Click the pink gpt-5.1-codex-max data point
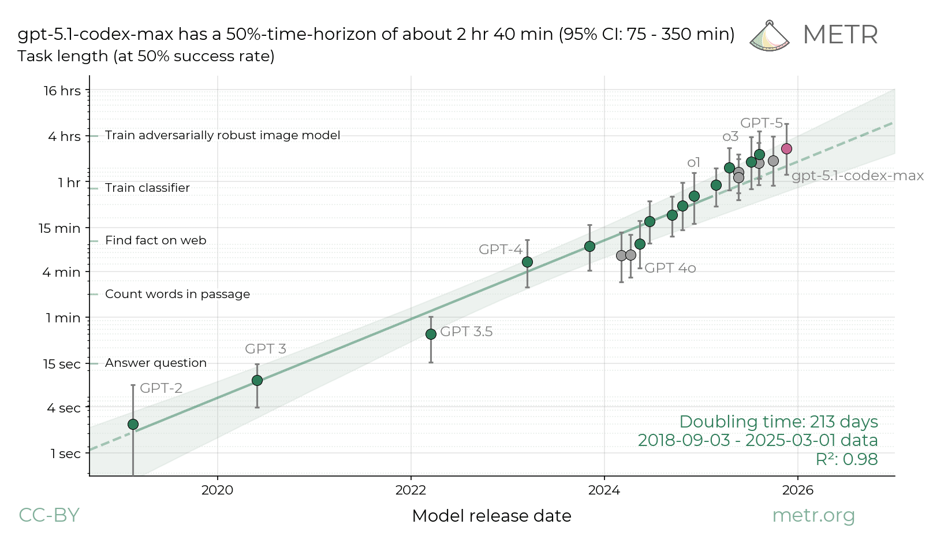pyautogui.click(x=786, y=149)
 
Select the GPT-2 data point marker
pyautogui.click(x=133, y=425)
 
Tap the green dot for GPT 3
pyautogui.click(x=257, y=380)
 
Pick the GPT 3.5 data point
pyautogui.click(x=431, y=334)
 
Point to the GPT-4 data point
pyautogui.click(x=527, y=262)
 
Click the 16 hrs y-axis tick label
pyautogui.click(x=62, y=91)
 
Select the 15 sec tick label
pyautogui.click(x=62, y=364)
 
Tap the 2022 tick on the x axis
pyautogui.click(x=410, y=490)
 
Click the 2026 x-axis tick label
pyautogui.click(x=797, y=490)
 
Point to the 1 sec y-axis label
pyautogui.click(x=65, y=454)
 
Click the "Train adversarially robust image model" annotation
pyautogui.click(x=222, y=135)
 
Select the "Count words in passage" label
pyautogui.click(x=177, y=294)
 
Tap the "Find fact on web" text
pyautogui.click(x=155, y=240)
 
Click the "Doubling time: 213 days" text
pyautogui.click(x=778, y=422)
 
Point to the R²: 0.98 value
pyautogui.click(x=846, y=459)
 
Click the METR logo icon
pyautogui.click(x=770, y=36)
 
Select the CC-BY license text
pyautogui.click(x=49, y=515)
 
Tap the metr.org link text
pyautogui.click(x=813, y=515)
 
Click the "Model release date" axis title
pyautogui.click(x=491, y=516)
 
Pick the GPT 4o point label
pyautogui.click(x=670, y=268)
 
